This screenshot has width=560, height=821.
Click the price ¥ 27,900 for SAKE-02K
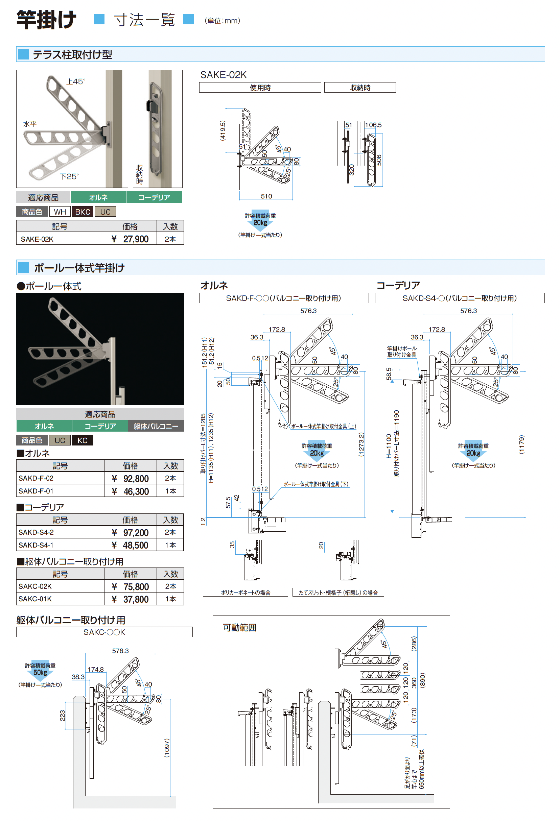point(130,239)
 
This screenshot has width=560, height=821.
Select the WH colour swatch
point(60,212)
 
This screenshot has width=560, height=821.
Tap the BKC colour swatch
point(83,212)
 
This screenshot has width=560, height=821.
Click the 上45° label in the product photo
point(76,81)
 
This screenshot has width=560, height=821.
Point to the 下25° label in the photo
point(69,176)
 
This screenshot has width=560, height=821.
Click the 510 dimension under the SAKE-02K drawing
point(266,196)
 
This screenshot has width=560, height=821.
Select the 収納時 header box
point(360,87)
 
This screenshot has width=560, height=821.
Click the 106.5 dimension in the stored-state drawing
point(373,125)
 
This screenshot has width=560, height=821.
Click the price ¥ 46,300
point(130,491)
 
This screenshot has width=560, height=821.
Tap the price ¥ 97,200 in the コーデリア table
point(130,532)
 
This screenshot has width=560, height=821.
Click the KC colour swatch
point(83,440)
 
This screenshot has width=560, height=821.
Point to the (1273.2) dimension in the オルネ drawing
point(361,444)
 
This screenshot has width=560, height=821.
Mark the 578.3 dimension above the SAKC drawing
point(120,651)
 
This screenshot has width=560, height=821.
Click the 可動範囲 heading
point(239,627)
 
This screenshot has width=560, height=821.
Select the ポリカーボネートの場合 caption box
point(246,593)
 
